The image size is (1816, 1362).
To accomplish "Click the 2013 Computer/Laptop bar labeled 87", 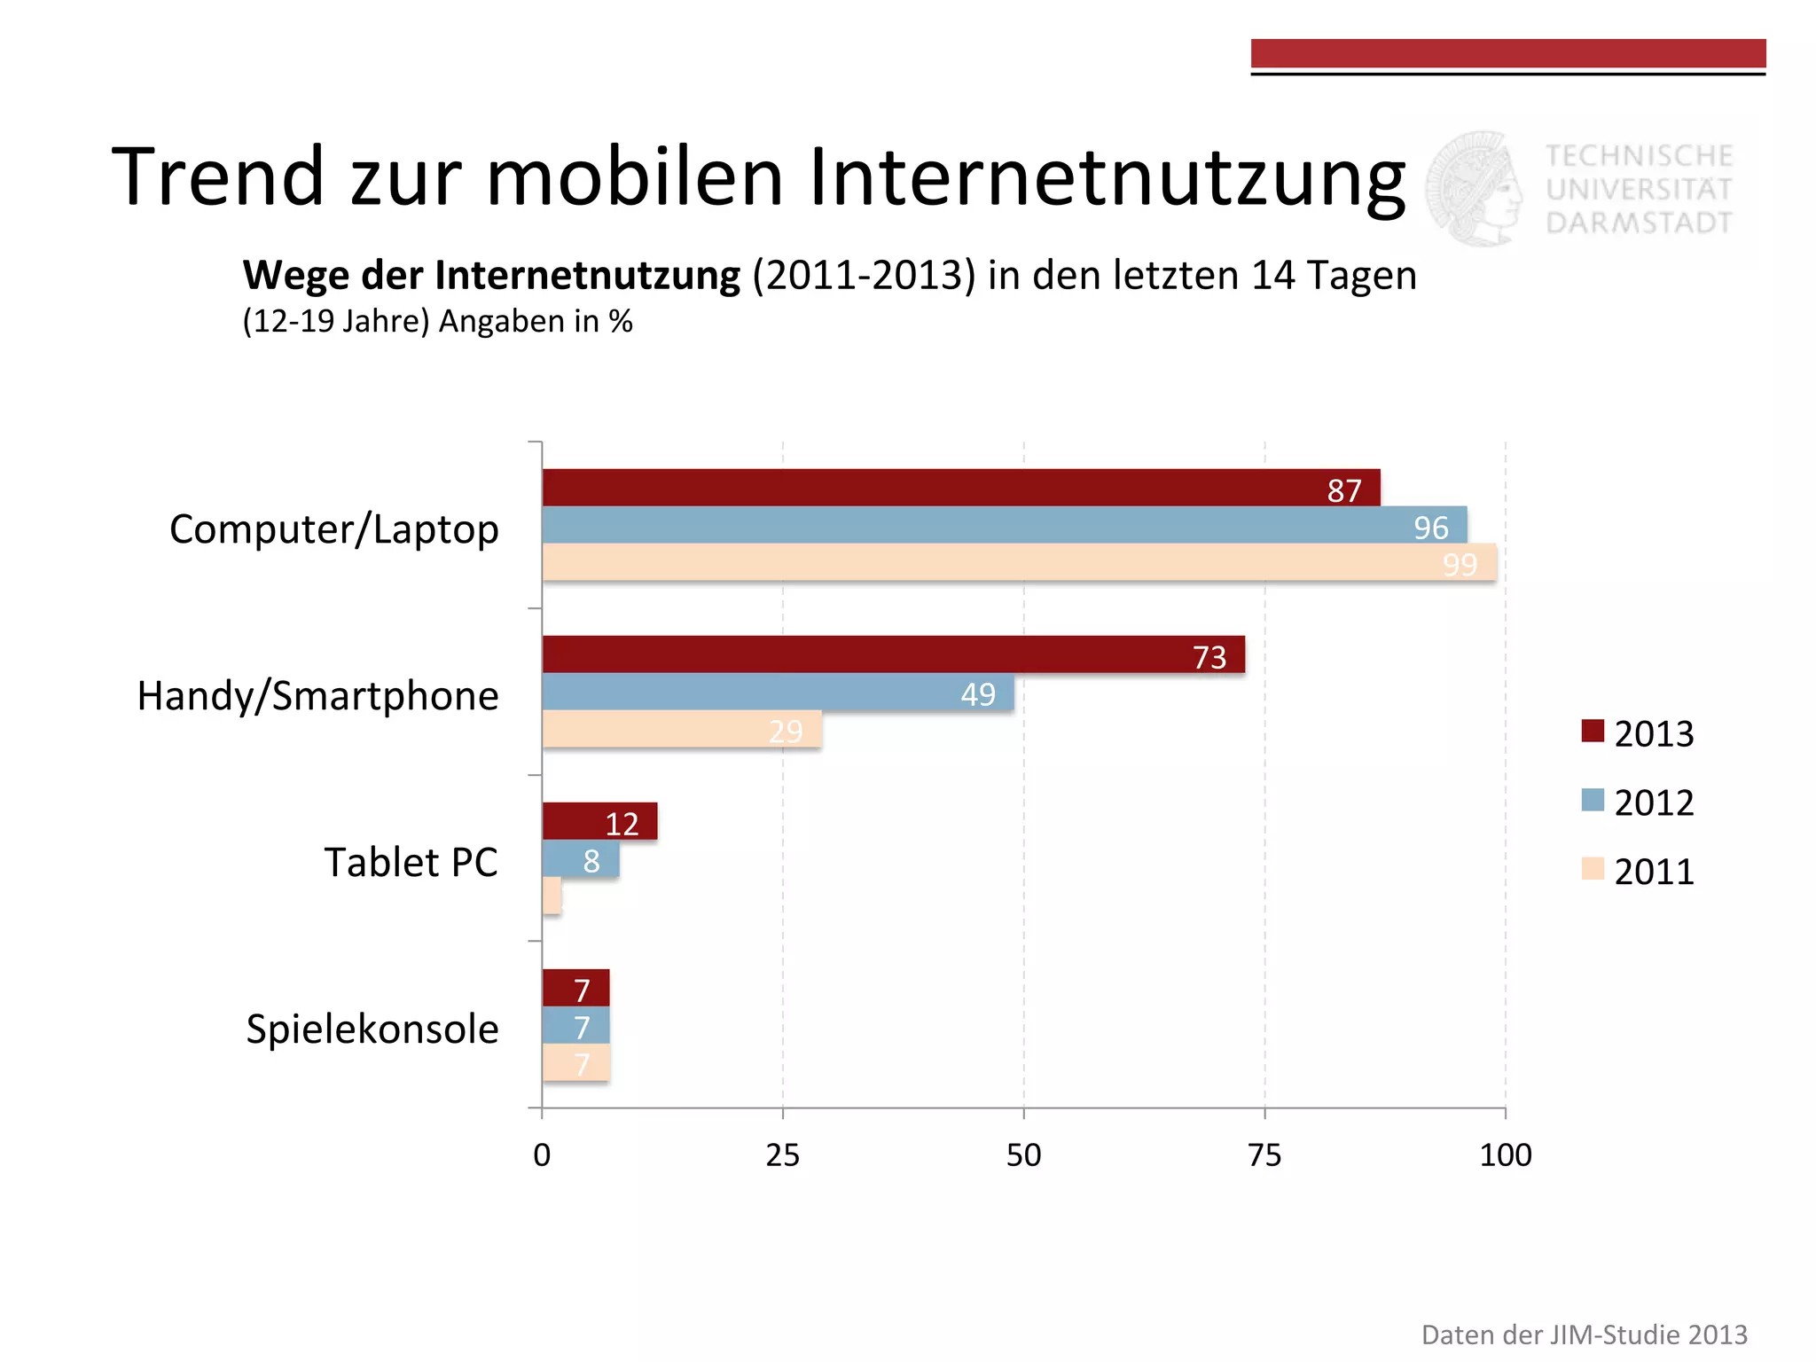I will pyautogui.click(x=960, y=488).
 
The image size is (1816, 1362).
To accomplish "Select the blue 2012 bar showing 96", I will pyautogui.click(x=1004, y=525).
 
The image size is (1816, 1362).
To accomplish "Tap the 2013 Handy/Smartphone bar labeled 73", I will pyautogui.click(x=893, y=654).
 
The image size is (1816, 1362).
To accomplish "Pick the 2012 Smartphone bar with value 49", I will pyautogui.click(x=778, y=692).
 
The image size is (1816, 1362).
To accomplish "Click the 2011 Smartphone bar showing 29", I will pyautogui.click(x=681, y=729).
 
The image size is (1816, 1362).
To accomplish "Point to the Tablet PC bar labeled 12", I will pyautogui.click(x=599, y=821).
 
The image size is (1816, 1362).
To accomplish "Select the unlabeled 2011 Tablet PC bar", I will pyautogui.click(x=552, y=896).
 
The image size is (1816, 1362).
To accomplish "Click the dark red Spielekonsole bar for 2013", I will pyautogui.click(x=575, y=988).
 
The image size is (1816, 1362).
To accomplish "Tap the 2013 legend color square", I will pyautogui.click(x=1593, y=732).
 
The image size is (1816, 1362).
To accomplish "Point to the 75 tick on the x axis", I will pyautogui.click(x=1264, y=1155).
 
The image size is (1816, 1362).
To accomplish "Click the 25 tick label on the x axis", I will pyautogui.click(x=782, y=1155).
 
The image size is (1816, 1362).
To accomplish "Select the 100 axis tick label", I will pyautogui.click(x=1505, y=1155).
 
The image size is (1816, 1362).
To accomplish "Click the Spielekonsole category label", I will pyautogui.click(x=372, y=1029).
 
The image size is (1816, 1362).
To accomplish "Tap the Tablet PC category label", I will pyautogui.click(x=411, y=862).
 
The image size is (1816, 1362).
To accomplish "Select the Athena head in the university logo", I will pyautogui.click(x=1474, y=188).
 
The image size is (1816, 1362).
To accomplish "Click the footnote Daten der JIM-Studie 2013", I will pyautogui.click(x=1584, y=1334).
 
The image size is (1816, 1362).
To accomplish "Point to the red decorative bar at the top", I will pyautogui.click(x=1507, y=53).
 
